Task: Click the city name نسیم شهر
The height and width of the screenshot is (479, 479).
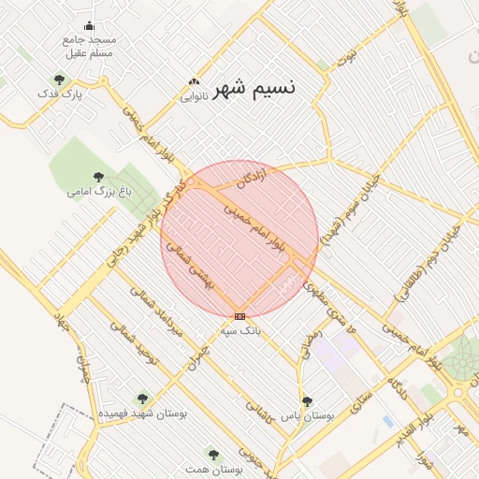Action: tap(254, 89)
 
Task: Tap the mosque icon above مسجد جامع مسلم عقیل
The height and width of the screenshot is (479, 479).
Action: tap(89, 25)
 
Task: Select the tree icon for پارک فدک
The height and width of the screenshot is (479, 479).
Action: tap(60, 80)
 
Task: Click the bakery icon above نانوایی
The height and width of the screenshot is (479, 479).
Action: tap(194, 82)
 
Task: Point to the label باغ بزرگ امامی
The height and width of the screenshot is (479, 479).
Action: tap(98, 191)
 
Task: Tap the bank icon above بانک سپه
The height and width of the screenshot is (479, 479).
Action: tap(240, 316)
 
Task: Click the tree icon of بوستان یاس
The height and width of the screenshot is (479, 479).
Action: tap(307, 401)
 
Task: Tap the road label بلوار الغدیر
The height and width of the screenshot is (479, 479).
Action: tap(414, 420)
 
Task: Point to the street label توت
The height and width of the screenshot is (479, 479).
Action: tap(347, 58)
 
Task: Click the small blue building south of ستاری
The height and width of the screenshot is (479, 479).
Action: tap(388, 422)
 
